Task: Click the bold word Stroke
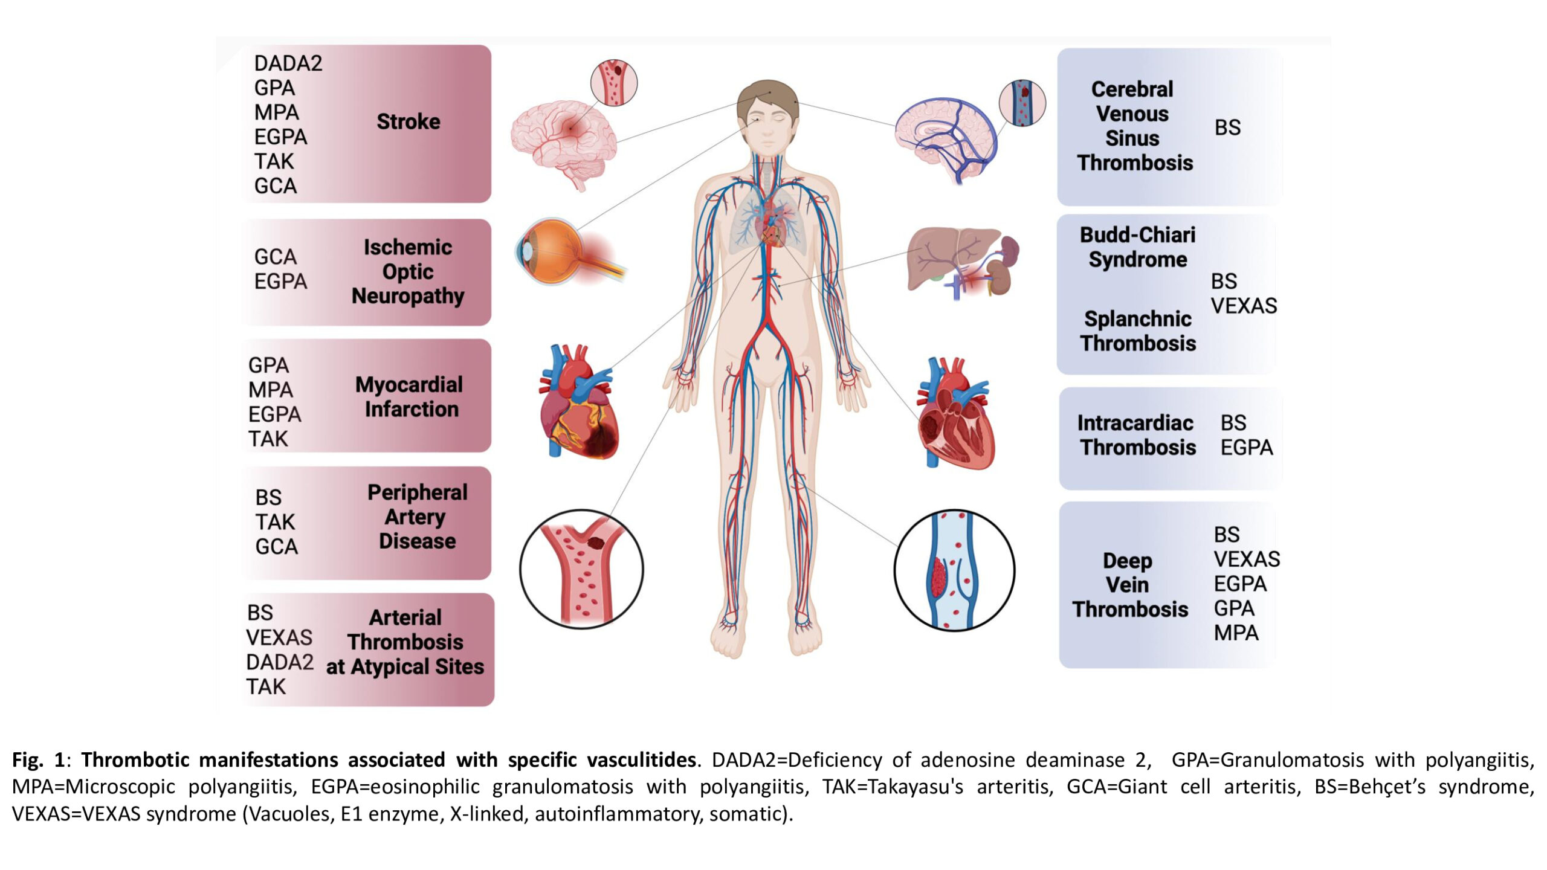click(x=409, y=121)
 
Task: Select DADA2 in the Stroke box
click(x=288, y=63)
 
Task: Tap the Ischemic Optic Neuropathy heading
click(x=408, y=272)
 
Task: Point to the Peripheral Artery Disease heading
click(x=418, y=517)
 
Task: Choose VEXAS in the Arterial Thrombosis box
click(x=279, y=637)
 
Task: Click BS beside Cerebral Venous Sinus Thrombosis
click(x=1227, y=127)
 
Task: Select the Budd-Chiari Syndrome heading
click(x=1138, y=247)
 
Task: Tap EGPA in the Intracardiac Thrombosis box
click(x=1247, y=447)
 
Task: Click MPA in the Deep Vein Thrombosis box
click(x=1236, y=633)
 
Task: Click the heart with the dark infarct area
click(x=578, y=402)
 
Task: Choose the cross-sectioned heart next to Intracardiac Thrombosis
click(x=955, y=414)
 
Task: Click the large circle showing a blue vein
click(x=954, y=570)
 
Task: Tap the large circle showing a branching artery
click(x=581, y=569)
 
